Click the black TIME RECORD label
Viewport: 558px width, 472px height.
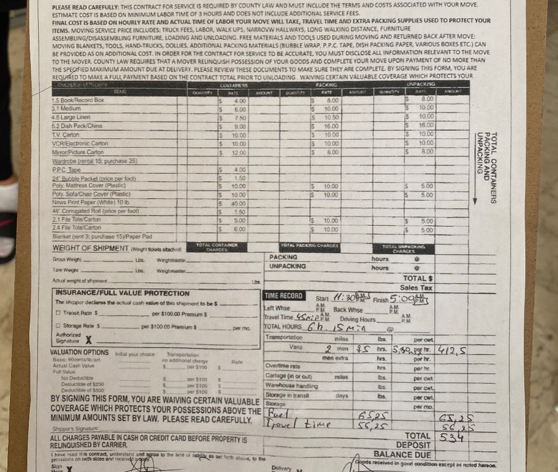point(284,296)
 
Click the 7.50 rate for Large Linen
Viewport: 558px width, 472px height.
point(239,118)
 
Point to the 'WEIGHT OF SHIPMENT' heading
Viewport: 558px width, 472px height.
point(90,249)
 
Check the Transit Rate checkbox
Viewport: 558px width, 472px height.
point(58,313)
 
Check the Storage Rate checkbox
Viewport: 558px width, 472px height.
point(58,326)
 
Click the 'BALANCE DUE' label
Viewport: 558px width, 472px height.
point(402,454)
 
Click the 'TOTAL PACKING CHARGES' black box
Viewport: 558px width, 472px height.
point(309,246)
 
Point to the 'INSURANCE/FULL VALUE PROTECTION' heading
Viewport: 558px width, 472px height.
point(114,293)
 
